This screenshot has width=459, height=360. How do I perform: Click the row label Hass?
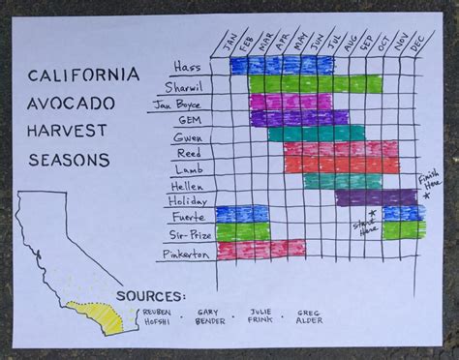tap(187, 66)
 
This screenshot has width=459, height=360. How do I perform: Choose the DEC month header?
tap(416, 45)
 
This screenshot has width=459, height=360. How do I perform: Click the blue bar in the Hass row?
tap(282, 65)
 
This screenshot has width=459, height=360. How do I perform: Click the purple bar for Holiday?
tap(376, 197)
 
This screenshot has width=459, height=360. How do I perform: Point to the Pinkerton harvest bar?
tap(261, 249)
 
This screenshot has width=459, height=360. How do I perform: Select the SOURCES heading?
tap(147, 295)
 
